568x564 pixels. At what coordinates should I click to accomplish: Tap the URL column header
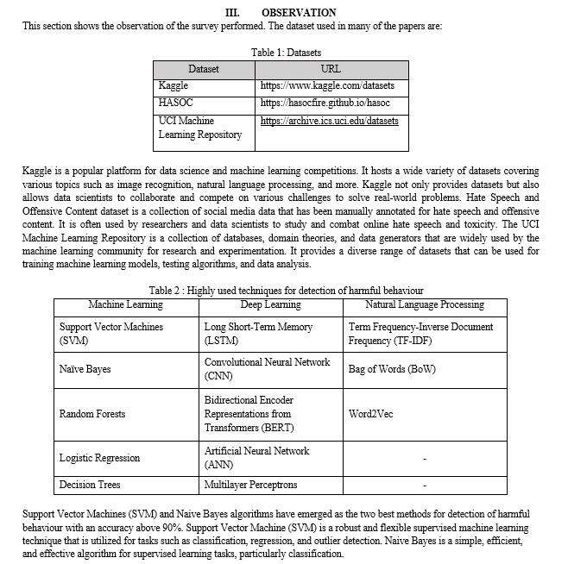[330, 69]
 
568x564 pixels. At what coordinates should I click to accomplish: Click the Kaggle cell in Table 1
[174, 86]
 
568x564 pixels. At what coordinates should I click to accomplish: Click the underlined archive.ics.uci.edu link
[329, 121]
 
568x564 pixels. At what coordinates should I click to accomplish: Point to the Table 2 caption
[286, 291]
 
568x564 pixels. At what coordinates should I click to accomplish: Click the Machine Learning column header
[125, 305]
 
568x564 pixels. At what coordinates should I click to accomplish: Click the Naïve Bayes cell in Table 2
[85, 369]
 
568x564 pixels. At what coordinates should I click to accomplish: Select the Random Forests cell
[92, 414]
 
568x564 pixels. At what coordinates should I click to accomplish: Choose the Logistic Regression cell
[99, 458]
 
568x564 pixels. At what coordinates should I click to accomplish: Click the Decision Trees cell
[90, 486]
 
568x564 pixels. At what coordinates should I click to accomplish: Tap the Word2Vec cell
[370, 414]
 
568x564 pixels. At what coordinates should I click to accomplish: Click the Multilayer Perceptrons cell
[251, 486]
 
